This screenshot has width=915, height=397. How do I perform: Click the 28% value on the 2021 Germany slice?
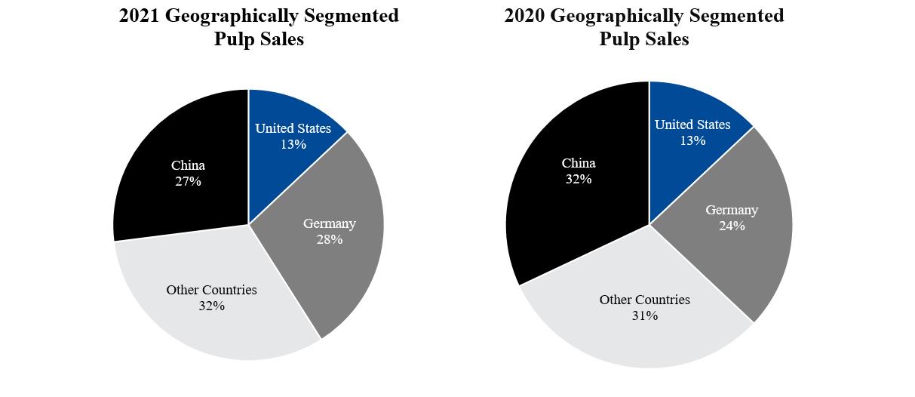[x=329, y=239]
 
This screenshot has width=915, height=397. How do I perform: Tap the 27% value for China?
[x=188, y=181]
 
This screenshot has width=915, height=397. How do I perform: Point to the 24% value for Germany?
[x=732, y=226]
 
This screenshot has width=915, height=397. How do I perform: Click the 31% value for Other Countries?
[x=645, y=315]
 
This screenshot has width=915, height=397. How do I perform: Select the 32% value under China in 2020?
[x=579, y=179]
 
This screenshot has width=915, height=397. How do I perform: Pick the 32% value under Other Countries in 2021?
[x=212, y=306]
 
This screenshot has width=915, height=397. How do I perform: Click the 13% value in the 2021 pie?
[x=293, y=144]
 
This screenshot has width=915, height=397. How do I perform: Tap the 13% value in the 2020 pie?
[x=692, y=140]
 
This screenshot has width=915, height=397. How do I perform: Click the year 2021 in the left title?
[x=139, y=16]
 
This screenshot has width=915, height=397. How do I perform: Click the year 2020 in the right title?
[x=524, y=16]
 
